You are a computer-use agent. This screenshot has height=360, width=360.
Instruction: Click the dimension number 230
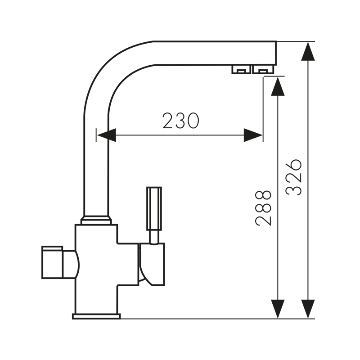pyautogui.click(x=180, y=121)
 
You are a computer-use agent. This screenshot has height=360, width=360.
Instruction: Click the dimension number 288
pyautogui.click(x=263, y=207)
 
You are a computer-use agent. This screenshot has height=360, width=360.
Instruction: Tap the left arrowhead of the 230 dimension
pyautogui.click(x=107, y=135)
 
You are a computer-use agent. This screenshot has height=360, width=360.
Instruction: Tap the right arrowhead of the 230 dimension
pyautogui.click(x=253, y=135)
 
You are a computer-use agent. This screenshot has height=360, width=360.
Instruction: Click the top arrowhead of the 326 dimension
pyautogui.click(x=308, y=51)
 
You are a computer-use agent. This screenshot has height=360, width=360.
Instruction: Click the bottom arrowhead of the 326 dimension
pyautogui.click(x=308, y=309)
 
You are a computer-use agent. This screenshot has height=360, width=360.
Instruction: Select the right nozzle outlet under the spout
pyautogui.click(x=263, y=69)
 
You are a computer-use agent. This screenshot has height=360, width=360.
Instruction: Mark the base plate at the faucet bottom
pyautogui.click(x=96, y=316)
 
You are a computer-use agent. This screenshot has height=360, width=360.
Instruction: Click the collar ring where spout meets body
pyautogui.click(x=96, y=220)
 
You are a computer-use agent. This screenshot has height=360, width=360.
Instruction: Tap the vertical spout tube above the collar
pyautogui.click(x=96, y=171)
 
